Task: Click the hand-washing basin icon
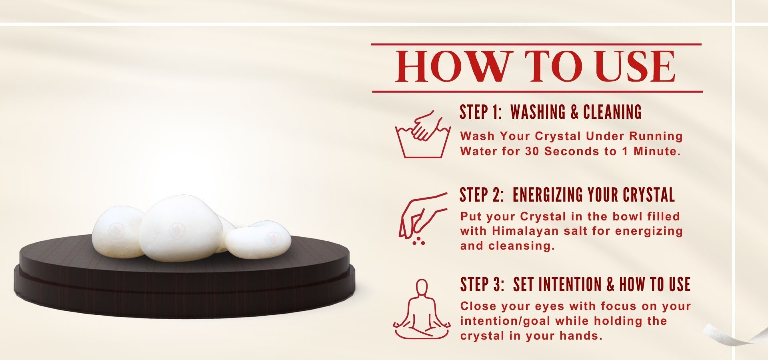[x=423, y=134]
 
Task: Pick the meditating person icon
[x=422, y=309]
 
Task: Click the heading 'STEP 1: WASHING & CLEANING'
[x=550, y=112]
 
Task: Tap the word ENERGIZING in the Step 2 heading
[x=548, y=195]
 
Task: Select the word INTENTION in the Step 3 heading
[x=568, y=284]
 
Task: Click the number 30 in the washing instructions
[x=533, y=151]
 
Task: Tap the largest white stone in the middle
[x=181, y=228]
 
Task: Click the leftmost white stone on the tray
[x=117, y=232]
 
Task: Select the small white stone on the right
[x=258, y=240]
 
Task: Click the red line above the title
[x=536, y=44]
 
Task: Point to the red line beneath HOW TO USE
[x=537, y=92]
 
